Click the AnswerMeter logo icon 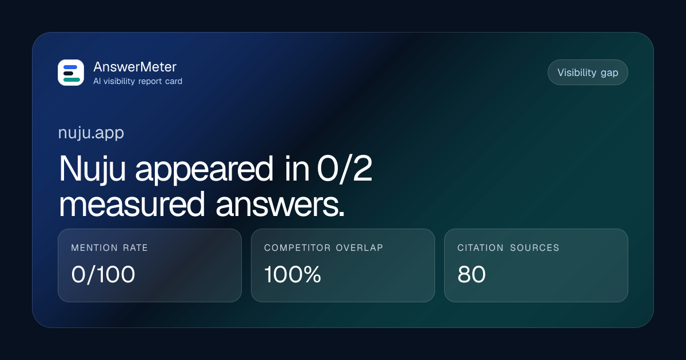point(71,73)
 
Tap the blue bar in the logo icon point(70,67)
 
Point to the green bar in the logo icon point(71,79)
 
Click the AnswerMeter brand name point(135,67)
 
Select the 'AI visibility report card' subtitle point(138,81)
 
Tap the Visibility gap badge point(588,73)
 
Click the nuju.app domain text point(91,133)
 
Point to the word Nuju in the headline point(92,169)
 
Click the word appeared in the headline point(204,169)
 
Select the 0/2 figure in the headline point(345,169)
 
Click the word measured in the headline point(131,204)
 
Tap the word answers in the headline point(280,205)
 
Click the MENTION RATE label point(109,247)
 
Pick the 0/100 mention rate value point(103,274)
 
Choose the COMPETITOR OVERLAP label point(324,247)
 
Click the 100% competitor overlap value point(293,274)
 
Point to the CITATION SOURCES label point(508,247)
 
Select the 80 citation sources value point(471,274)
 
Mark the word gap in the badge point(609,73)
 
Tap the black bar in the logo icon point(68,74)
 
